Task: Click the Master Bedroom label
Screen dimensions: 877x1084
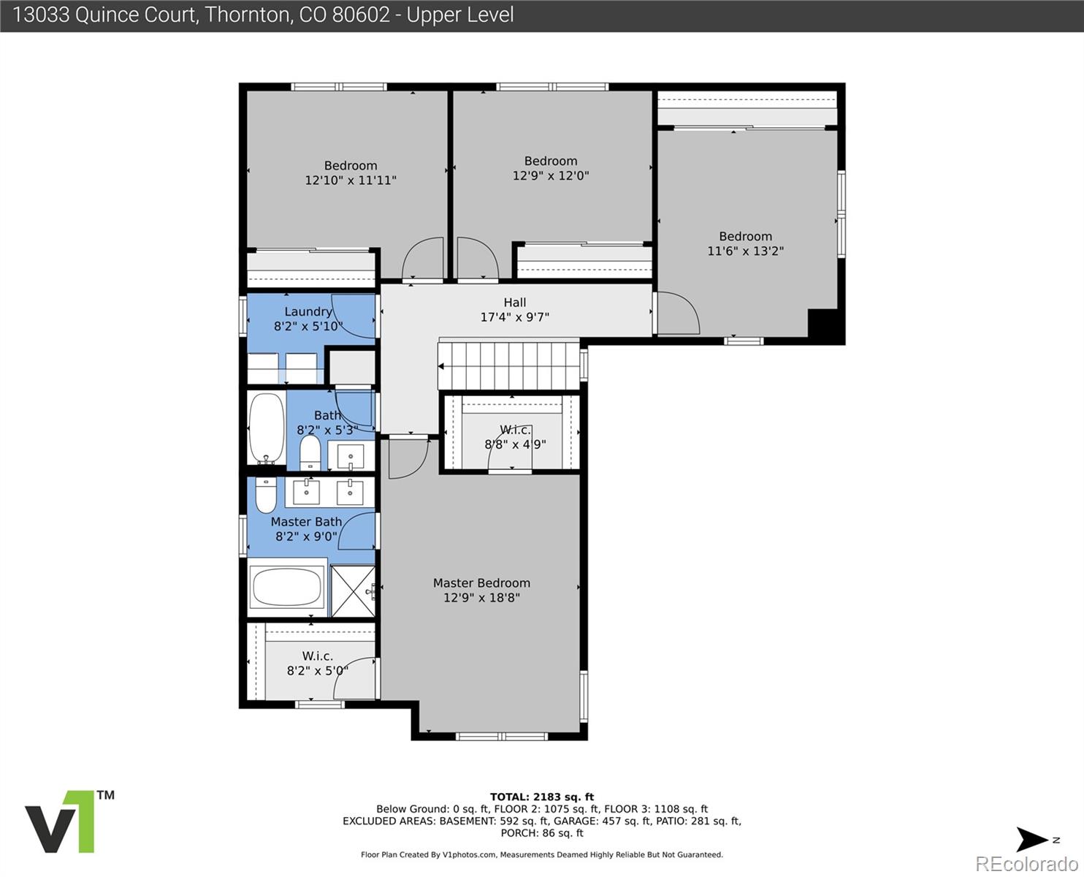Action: click(x=481, y=582)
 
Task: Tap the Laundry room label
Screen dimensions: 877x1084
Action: click(x=308, y=311)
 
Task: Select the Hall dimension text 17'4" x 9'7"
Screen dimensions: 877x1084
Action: click(x=514, y=317)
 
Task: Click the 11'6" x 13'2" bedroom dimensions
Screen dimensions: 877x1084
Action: click(x=745, y=251)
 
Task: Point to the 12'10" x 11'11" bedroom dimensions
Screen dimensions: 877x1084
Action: click(x=351, y=180)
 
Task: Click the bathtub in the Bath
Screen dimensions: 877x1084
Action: click(x=266, y=428)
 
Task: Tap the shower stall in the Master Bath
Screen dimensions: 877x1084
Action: click(x=353, y=591)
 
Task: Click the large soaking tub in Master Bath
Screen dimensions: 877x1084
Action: click(x=286, y=587)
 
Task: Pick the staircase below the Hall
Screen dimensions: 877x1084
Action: click(x=508, y=363)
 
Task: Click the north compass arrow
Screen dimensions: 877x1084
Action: click(x=1034, y=840)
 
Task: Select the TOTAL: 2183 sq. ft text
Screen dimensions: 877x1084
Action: click(x=541, y=797)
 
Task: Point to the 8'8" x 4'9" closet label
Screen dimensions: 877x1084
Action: click(x=515, y=444)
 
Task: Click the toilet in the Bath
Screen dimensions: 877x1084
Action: click(x=310, y=453)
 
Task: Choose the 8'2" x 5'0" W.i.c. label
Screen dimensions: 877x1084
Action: click(x=317, y=670)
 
